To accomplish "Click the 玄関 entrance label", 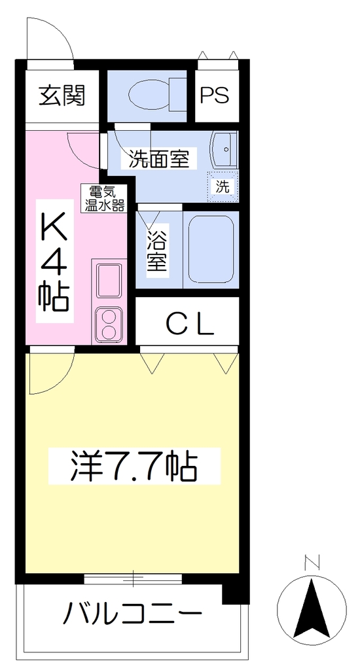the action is click(62, 96).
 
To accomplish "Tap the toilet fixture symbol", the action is click(157, 95).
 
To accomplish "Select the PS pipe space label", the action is click(215, 95).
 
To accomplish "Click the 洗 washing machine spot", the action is click(223, 186).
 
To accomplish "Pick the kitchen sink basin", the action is click(109, 280).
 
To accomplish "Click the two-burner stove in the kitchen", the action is click(109, 325).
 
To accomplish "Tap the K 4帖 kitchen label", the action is click(54, 262).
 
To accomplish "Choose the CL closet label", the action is click(189, 326).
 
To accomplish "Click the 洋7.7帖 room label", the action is click(134, 467).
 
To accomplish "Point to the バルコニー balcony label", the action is click(132, 613).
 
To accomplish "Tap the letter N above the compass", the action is click(312, 563).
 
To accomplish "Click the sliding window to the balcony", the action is click(133, 578).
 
